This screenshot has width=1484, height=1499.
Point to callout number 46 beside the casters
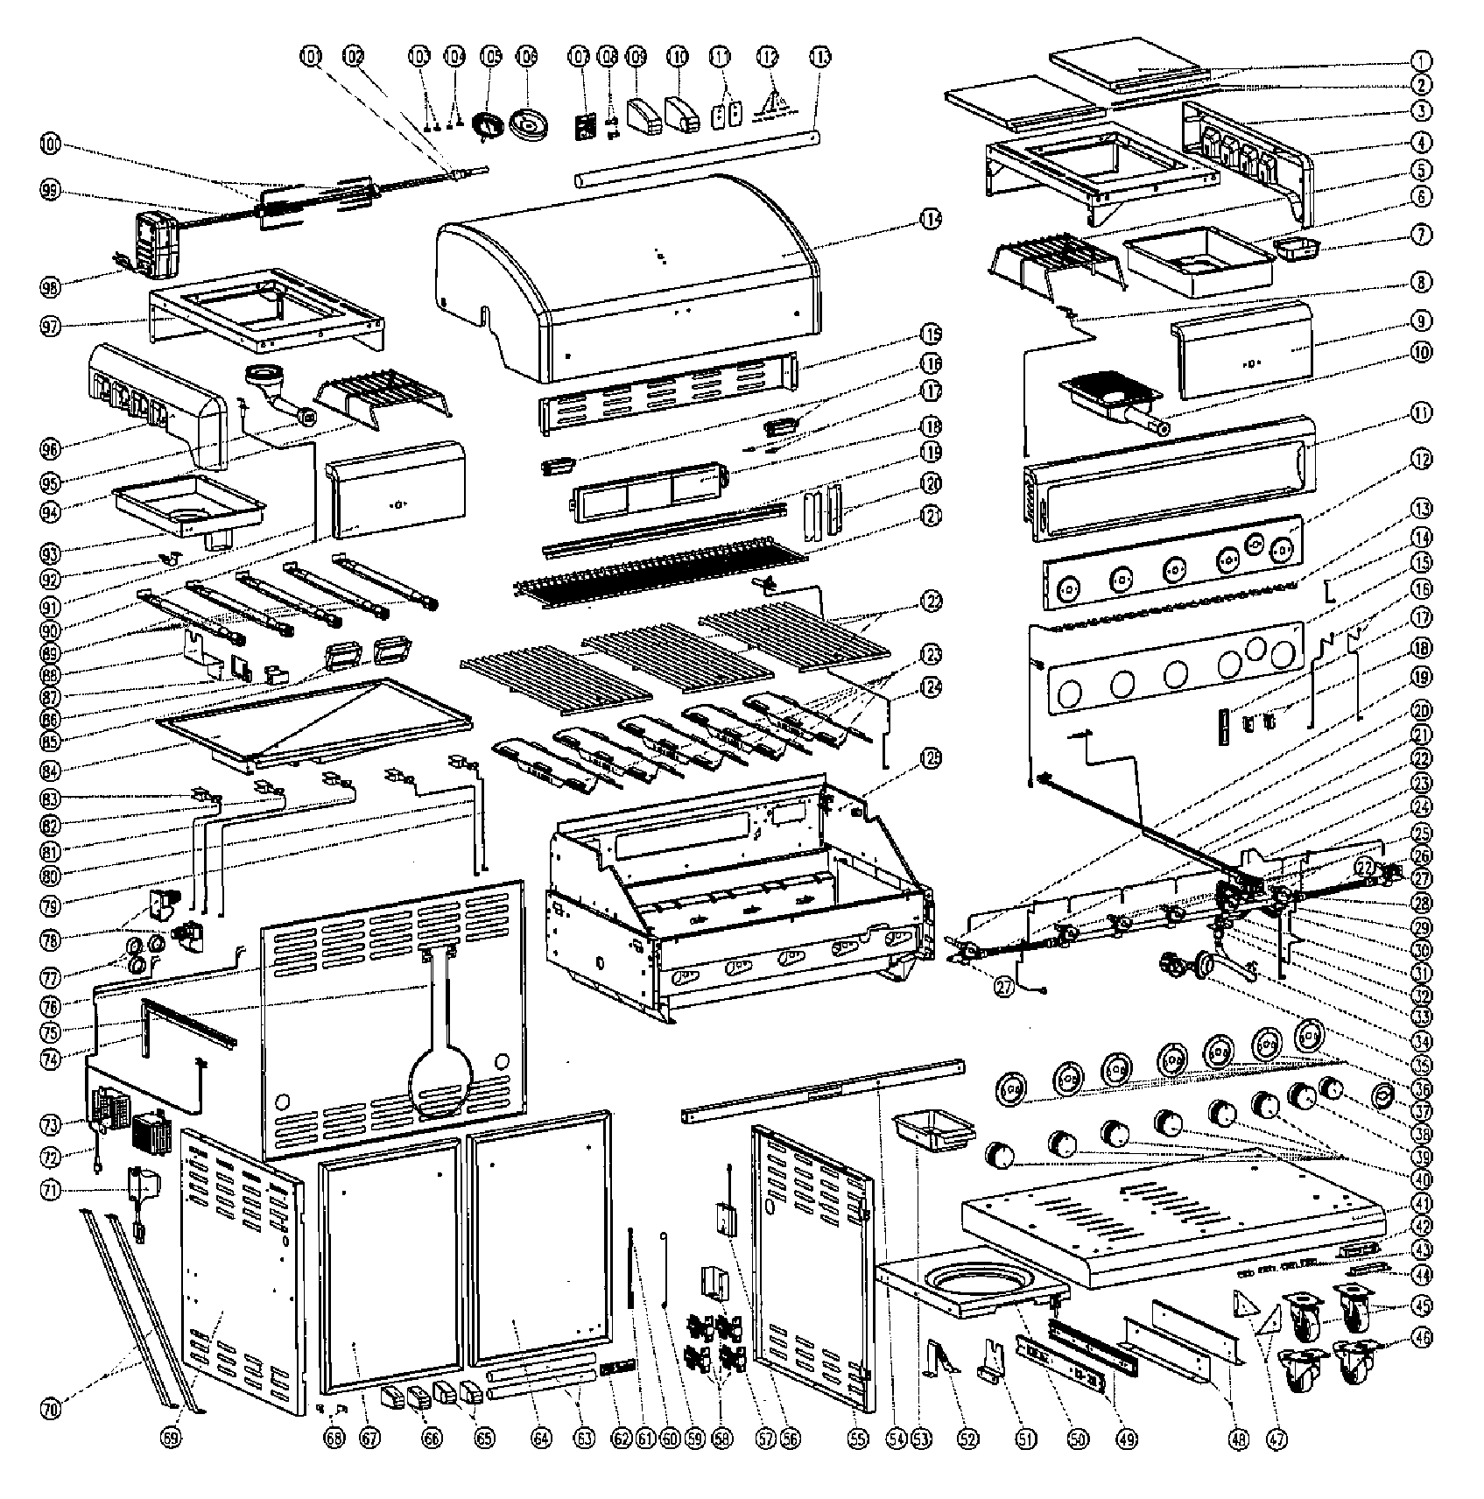(1420, 1362)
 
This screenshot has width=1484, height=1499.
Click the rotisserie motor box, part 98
(156, 242)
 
